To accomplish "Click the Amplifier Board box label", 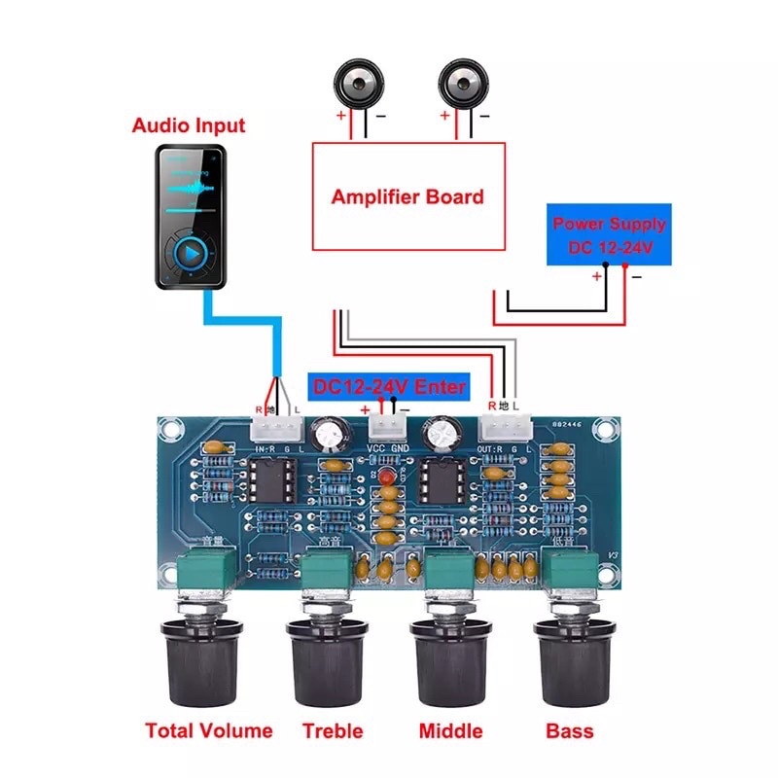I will point(407,197).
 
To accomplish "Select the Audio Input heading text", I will point(189,125).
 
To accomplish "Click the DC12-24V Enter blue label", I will point(389,386).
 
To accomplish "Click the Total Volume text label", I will point(209,730).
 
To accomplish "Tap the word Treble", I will point(333,730).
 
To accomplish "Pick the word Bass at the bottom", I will point(569,730).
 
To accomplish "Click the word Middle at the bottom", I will point(451,730).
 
